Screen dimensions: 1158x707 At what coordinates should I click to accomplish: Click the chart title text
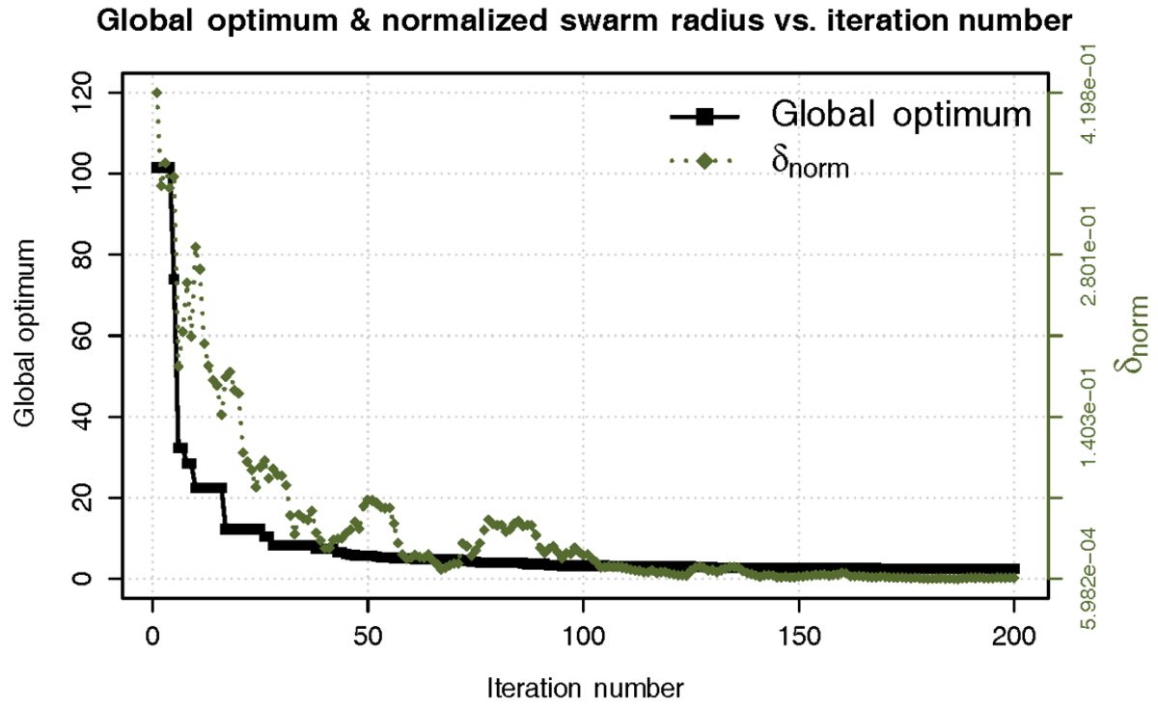pyautogui.click(x=584, y=21)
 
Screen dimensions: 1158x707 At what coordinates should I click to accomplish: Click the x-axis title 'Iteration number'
pyautogui.click(x=585, y=689)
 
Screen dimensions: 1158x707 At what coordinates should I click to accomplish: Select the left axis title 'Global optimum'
pyautogui.click(x=24, y=334)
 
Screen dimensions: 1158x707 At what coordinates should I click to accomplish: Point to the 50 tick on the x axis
pyautogui.click(x=368, y=637)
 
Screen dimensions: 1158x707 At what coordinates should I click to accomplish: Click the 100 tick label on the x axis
pyautogui.click(x=583, y=637)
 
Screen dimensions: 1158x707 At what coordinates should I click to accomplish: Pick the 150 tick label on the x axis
pyautogui.click(x=799, y=637)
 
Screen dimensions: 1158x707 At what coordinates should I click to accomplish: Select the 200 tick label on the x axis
pyautogui.click(x=1014, y=637)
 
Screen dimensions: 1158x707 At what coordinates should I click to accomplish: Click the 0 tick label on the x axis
pyautogui.click(x=152, y=637)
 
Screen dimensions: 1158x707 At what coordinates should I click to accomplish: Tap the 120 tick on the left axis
pyautogui.click(x=81, y=93)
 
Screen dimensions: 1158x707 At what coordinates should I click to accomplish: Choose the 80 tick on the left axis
pyautogui.click(x=81, y=255)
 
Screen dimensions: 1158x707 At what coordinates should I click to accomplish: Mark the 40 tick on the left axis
pyautogui.click(x=81, y=417)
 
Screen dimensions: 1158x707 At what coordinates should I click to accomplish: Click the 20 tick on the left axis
pyautogui.click(x=81, y=498)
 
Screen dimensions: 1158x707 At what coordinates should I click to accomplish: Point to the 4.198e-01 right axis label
pyautogui.click(x=1089, y=93)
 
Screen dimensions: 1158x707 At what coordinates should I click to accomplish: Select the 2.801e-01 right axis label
pyautogui.click(x=1089, y=255)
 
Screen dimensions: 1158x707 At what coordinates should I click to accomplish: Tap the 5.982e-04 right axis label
pyautogui.click(x=1089, y=579)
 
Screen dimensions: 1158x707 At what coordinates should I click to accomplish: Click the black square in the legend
pyautogui.click(x=704, y=117)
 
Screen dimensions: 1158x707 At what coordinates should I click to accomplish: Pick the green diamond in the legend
pyautogui.click(x=704, y=161)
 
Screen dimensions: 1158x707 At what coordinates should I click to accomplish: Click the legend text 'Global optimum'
pyautogui.click(x=901, y=115)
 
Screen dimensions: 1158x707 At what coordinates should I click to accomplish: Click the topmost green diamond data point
pyautogui.click(x=156, y=93)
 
